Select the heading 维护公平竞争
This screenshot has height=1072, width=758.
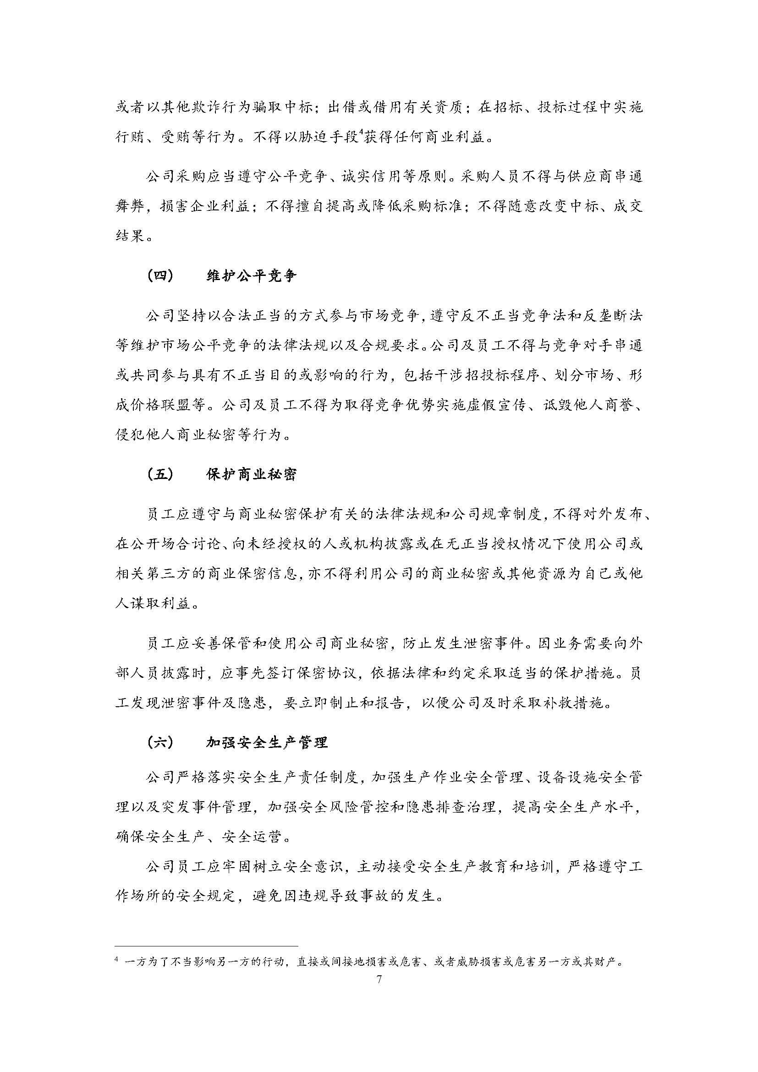pos(251,276)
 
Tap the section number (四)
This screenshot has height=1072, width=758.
pos(160,276)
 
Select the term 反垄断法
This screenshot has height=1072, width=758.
pos(605,316)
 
